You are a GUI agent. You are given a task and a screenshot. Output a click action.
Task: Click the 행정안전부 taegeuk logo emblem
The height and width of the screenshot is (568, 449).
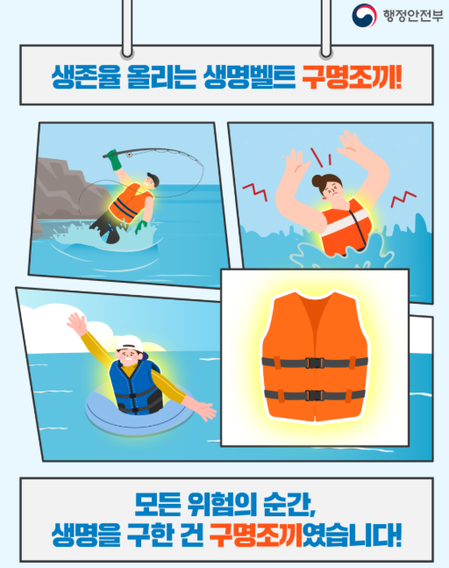[x=364, y=15]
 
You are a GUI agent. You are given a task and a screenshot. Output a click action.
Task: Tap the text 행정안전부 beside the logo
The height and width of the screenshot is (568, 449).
[x=413, y=16]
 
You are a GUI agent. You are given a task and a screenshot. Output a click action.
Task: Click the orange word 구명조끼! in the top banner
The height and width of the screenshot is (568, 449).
[x=352, y=76]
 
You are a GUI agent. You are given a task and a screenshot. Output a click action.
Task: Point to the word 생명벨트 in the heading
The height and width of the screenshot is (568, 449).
[x=249, y=76]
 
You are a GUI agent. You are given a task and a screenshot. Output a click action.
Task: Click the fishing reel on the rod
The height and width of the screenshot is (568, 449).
[x=129, y=155]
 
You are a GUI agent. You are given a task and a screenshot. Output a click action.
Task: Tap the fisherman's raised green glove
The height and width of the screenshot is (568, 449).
[x=115, y=160]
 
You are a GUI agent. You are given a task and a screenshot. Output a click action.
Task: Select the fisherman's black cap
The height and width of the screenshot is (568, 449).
[x=153, y=179]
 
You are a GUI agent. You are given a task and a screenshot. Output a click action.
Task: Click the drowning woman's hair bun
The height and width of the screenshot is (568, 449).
[x=317, y=180]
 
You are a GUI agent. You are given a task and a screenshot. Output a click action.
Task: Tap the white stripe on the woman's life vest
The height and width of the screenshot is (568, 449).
[x=345, y=220]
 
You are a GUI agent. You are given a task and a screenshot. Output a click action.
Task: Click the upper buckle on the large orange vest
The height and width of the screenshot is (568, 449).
[x=314, y=363]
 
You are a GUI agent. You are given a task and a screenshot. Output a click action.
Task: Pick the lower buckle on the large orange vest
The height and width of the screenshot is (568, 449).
[x=314, y=395]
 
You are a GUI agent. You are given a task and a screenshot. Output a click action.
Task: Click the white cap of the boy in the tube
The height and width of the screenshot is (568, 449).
[x=130, y=342]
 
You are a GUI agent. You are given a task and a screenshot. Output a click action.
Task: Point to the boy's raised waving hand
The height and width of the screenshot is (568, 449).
[x=77, y=323]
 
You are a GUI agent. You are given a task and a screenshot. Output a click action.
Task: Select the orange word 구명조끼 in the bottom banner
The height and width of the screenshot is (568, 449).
[x=256, y=535]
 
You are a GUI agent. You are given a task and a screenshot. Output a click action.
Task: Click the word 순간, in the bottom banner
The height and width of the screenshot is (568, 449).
[x=289, y=505]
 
